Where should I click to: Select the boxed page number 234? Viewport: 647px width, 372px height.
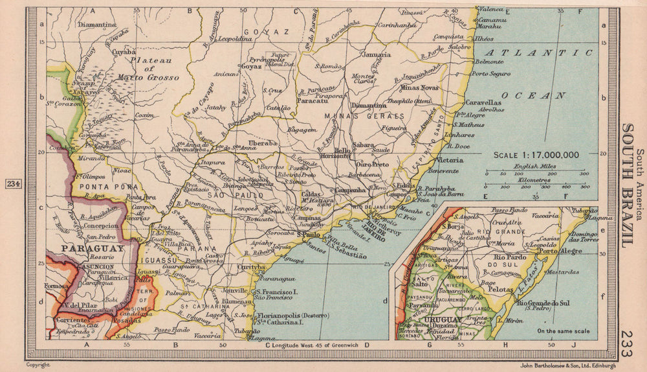click(x=14, y=185)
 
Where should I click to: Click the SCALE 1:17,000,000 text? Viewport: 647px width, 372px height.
click(x=536, y=155)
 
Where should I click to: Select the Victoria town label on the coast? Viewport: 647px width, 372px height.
click(x=450, y=159)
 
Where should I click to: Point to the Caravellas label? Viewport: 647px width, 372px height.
click(x=483, y=102)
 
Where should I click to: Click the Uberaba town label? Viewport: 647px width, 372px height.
click(x=264, y=142)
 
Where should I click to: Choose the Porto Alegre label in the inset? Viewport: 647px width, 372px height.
click(x=558, y=251)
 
